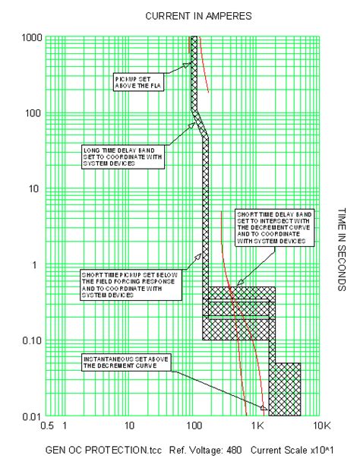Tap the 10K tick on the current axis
tap(322, 427)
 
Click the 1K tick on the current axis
tap(257, 427)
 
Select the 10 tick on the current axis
tap(129, 427)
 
